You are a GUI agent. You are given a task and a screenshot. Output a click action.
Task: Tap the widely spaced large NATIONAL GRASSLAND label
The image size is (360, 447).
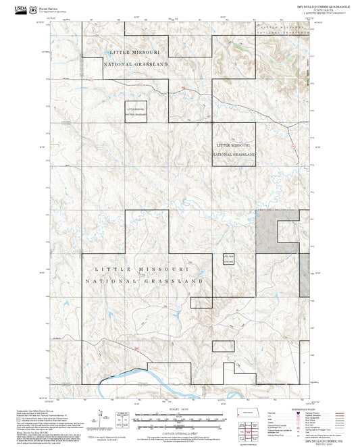pos(144,280)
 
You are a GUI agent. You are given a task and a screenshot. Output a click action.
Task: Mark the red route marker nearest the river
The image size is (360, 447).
pos(136,348)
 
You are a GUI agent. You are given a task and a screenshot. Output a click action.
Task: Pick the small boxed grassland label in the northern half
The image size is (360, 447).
pos(135,111)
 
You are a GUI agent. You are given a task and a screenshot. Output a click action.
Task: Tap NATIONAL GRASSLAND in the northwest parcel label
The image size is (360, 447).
pos(135,64)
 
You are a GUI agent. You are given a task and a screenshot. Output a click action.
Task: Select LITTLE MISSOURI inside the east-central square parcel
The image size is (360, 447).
pos(234,144)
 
